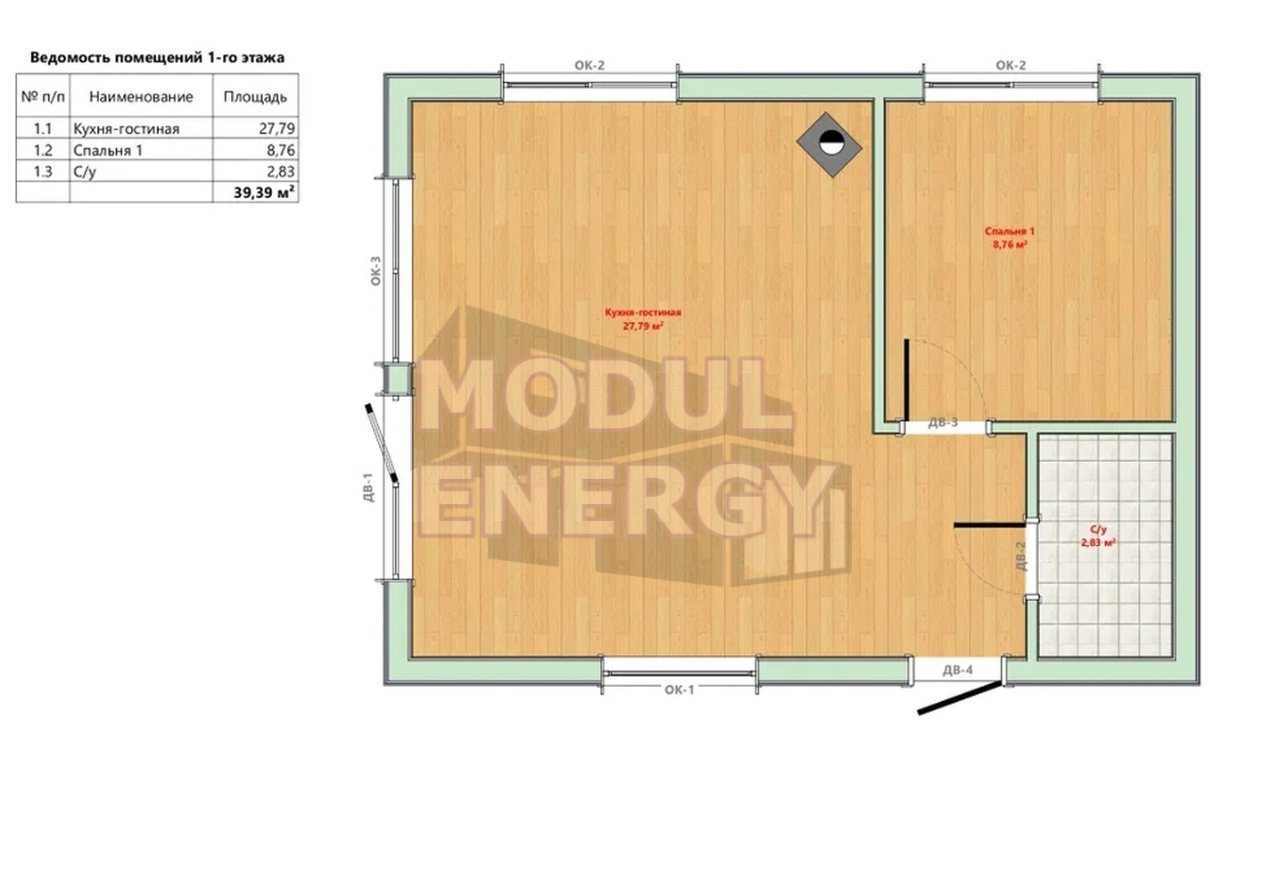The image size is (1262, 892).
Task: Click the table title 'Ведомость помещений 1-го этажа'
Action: pyautogui.click(x=157, y=57)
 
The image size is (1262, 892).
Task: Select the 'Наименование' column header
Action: pyautogui.click(x=141, y=97)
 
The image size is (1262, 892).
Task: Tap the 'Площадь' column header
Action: pyautogui.click(x=255, y=97)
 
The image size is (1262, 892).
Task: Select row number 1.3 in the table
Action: pyautogui.click(x=43, y=171)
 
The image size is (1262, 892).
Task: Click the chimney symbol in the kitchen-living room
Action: pyautogui.click(x=829, y=145)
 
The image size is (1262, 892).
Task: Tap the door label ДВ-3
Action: pyautogui.click(x=943, y=422)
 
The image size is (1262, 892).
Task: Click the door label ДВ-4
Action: pyautogui.click(x=958, y=670)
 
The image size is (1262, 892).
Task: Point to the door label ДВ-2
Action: pyautogui.click(x=1021, y=556)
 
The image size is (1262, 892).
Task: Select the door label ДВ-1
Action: pyautogui.click(x=367, y=487)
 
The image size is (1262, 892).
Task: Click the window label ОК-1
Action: pyautogui.click(x=680, y=690)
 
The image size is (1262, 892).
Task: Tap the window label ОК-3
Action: pyautogui.click(x=375, y=271)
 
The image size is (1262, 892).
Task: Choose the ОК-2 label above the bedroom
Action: pyautogui.click(x=1010, y=65)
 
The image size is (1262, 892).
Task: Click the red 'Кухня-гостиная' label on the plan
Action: pyautogui.click(x=643, y=312)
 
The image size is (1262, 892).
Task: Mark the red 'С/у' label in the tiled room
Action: pyautogui.click(x=1098, y=530)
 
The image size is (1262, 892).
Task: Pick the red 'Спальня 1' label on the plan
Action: pyautogui.click(x=1010, y=231)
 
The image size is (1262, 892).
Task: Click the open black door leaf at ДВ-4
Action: pyautogui.click(x=960, y=698)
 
